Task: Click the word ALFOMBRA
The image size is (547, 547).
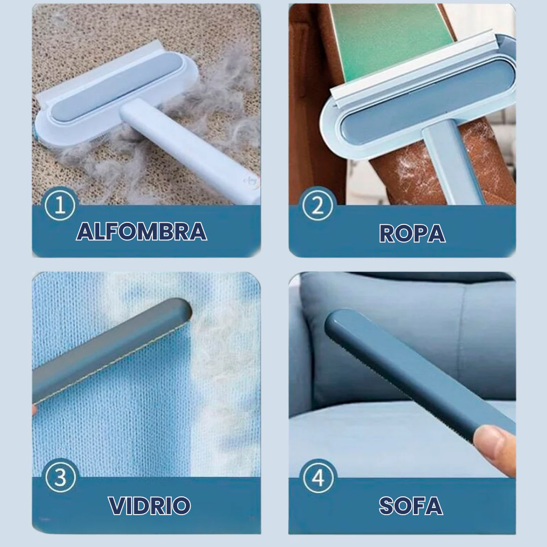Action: (141, 231)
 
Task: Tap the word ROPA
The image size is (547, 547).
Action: (412, 233)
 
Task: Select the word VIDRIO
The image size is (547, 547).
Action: (149, 505)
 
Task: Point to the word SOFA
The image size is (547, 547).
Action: (411, 506)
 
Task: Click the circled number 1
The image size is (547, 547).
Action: (60, 205)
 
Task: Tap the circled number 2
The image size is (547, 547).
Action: (318, 206)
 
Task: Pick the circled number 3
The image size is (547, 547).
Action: (60, 477)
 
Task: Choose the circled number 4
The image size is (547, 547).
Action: (318, 477)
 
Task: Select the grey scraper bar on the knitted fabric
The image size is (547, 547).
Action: (111, 350)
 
